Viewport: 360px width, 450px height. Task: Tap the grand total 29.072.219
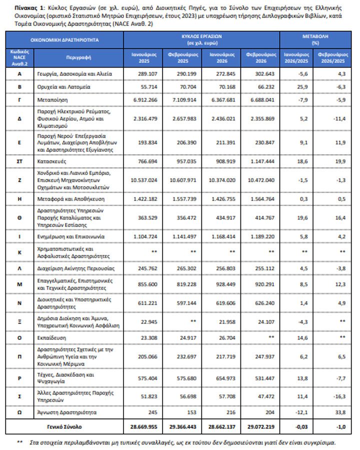click(x=260, y=427)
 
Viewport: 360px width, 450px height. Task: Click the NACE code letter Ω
click(x=19, y=412)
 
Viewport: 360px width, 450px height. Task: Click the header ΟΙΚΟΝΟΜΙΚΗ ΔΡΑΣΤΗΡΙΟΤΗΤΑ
click(x=63, y=39)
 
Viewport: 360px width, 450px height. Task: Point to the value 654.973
click(x=221, y=375)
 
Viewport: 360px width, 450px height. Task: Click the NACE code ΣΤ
click(x=19, y=162)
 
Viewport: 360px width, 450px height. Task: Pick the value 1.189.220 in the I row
click(x=260, y=235)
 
